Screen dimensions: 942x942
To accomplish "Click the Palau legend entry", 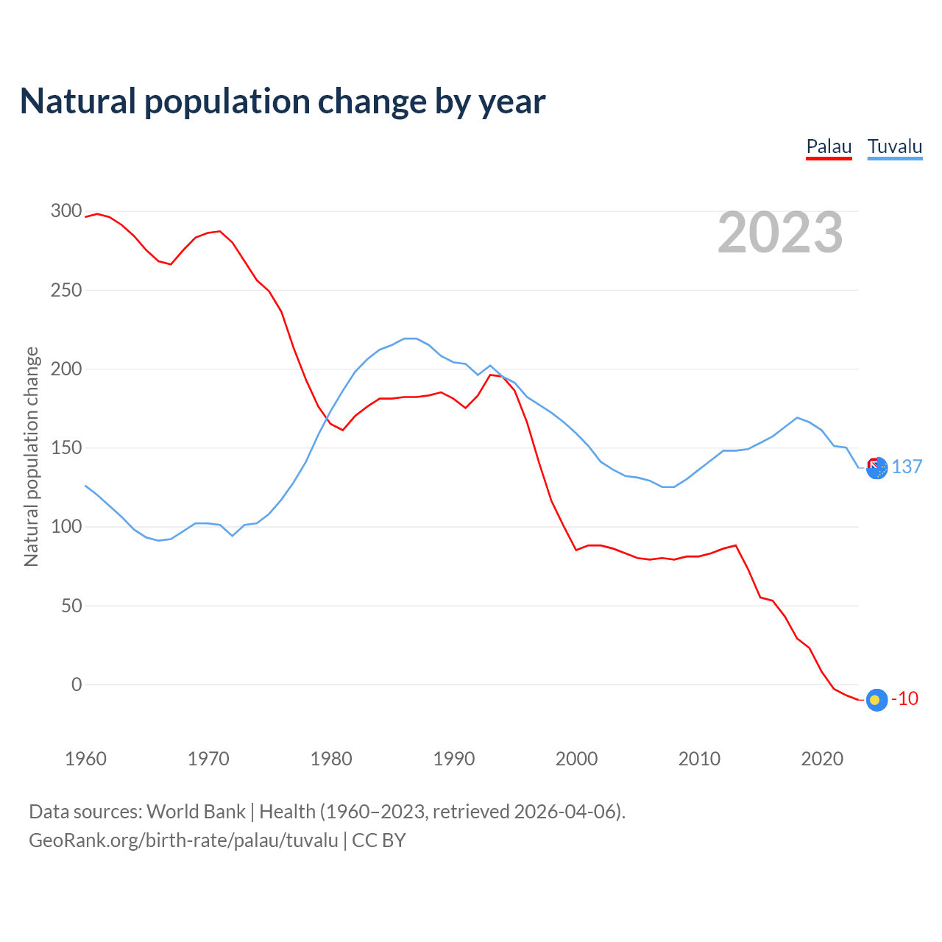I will [829, 146].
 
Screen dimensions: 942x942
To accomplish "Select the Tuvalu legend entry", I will [894, 146].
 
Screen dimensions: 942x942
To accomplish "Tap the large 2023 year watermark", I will [780, 233].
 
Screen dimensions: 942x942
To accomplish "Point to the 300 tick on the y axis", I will [66, 211].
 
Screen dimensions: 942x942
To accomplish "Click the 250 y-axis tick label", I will [66, 290].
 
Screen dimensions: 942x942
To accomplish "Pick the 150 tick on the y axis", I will [66, 448].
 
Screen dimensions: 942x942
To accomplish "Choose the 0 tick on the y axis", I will [77, 684].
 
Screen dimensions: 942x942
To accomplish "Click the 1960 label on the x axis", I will [86, 759].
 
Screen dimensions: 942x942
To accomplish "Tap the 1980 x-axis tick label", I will [331, 759].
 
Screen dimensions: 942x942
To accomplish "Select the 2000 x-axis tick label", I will [576, 759].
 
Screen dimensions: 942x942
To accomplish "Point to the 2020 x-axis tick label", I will [821, 759].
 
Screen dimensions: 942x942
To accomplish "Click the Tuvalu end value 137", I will [907, 467].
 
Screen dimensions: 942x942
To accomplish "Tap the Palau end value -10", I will [904, 699].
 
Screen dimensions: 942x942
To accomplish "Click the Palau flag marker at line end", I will [877, 700].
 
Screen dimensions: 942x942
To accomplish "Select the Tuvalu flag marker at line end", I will [877, 468].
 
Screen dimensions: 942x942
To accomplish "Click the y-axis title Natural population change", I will [31, 456].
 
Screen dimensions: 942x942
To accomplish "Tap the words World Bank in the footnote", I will [196, 812].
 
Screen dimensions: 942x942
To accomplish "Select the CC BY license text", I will [379, 840].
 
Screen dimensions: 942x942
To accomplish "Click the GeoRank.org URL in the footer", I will [183, 840].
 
